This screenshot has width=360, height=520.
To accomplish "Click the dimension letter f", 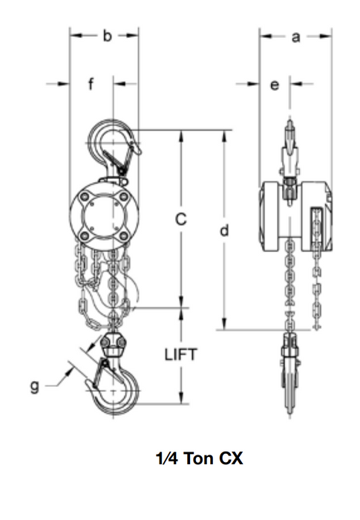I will click(x=91, y=84).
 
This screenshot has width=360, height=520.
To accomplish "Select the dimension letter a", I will click(x=295, y=36).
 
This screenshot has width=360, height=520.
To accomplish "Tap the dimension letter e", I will click(x=274, y=85).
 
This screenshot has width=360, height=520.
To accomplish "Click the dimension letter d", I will click(x=223, y=230).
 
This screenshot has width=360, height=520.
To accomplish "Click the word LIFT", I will click(x=180, y=354).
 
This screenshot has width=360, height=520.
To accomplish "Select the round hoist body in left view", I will click(x=103, y=215).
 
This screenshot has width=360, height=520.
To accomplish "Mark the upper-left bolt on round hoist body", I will click(x=88, y=198).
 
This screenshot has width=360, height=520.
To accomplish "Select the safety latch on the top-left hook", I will click(x=119, y=158).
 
